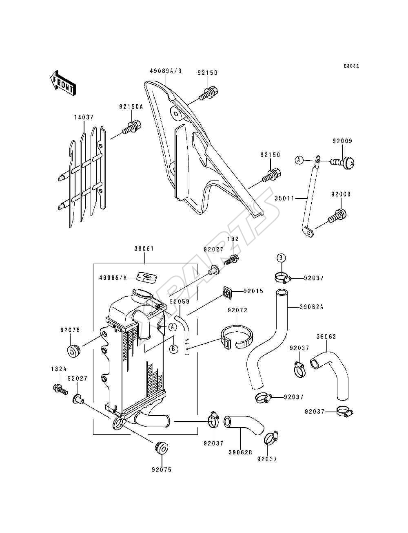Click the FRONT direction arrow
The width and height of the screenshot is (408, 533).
pyautogui.click(x=63, y=84)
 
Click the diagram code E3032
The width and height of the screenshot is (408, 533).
pyautogui.click(x=351, y=66)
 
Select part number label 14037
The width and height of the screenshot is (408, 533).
pyautogui.click(x=84, y=117)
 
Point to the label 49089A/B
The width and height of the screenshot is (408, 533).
pyautogui.click(x=166, y=71)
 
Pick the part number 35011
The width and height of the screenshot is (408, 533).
pyautogui.click(x=284, y=198)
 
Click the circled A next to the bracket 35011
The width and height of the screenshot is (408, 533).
pyautogui.click(x=299, y=160)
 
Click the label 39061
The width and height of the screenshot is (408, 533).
pyautogui.click(x=144, y=249)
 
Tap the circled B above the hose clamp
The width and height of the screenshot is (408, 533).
pyautogui.click(x=281, y=258)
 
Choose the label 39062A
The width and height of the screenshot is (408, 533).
pyautogui.click(x=311, y=307)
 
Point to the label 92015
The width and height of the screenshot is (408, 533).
pyautogui.click(x=254, y=291)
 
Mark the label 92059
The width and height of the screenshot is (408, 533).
pyautogui.click(x=180, y=302)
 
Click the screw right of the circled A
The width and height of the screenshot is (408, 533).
pyautogui.click(x=342, y=162)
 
